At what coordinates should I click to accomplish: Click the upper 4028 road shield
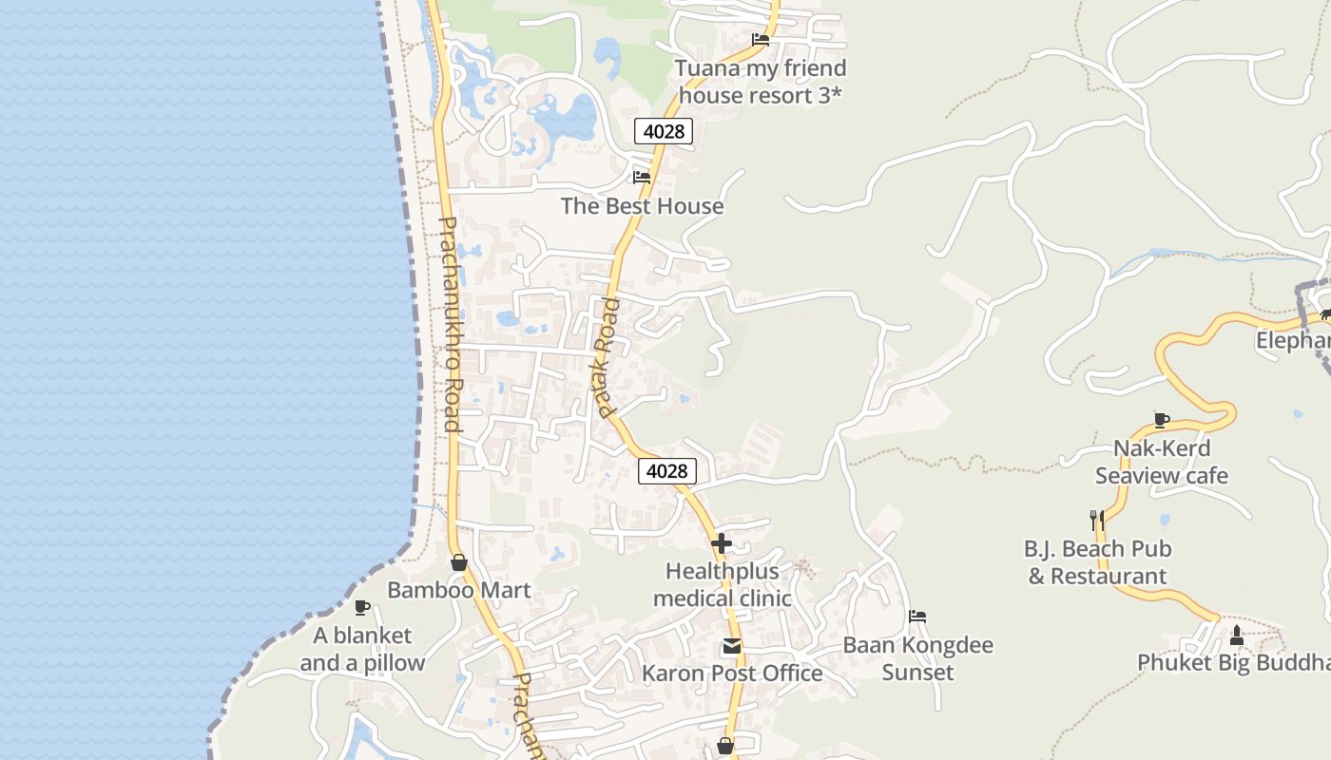pyautogui.click(x=664, y=131)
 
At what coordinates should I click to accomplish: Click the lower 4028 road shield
pyautogui.click(x=667, y=470)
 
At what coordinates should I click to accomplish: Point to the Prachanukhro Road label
pyautogui.click(x=449, y=324)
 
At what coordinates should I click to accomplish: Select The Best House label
pyautogui.click(x=642, y=206)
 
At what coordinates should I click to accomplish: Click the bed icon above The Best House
pyautogui.click(x=642, y=177)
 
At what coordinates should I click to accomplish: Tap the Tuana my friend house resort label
pyautogui.click(x=761, y=82)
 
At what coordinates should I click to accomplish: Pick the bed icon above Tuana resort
pyautogui.click(x=761, y=40)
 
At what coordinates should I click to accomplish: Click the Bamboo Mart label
pyautogui.click(x=459, y=590)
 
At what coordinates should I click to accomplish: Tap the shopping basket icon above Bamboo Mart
pyautogui.click(x=459, y=562)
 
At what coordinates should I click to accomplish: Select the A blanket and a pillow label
pyautogui.click(x=362, y=649)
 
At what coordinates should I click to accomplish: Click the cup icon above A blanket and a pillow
pyautogui.click(x=362, y=607)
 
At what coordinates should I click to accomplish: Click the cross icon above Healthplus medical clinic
pyautogui.click(x=722, y=543)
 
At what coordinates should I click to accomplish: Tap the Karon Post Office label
pyautogui.click(x=732, y=674)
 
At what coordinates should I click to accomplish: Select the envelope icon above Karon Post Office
pyautogui.click(x=731, y=647)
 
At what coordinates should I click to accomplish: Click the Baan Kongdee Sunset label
pyautogui.click(x=917, y=658)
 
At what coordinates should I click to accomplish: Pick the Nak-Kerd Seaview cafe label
pyautogui.click(x=1162, y=462)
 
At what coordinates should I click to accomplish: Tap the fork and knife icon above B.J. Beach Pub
pyautogui.click(x=1096, y=520)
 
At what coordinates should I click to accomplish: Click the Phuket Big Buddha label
pyautogui.click(x=1234, y=663)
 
